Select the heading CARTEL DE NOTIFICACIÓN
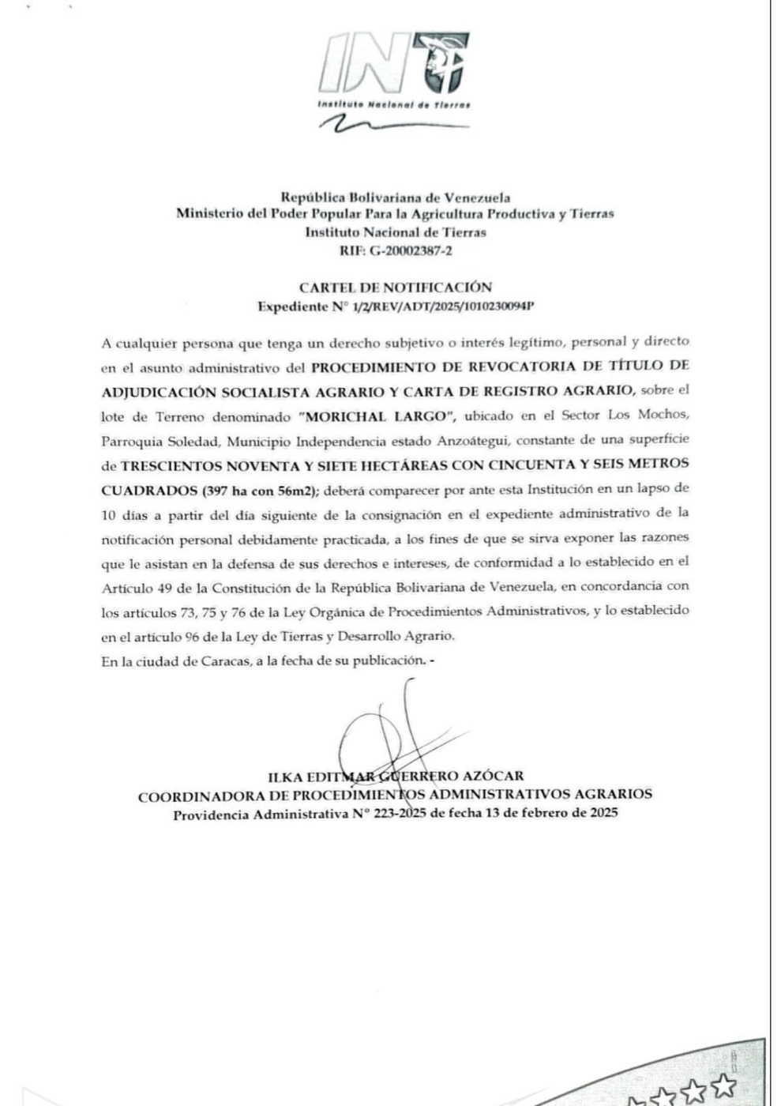pyautogui.click(x=395, y=288)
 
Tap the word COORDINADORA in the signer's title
pyautogui.click(x=193, y=796)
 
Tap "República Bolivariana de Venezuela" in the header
pyautogui.click(x=396, y=197)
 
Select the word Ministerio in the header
pyautogui.click(x=208, y=213)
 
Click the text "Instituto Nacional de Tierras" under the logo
pyautogui.click(x=393, y=104)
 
